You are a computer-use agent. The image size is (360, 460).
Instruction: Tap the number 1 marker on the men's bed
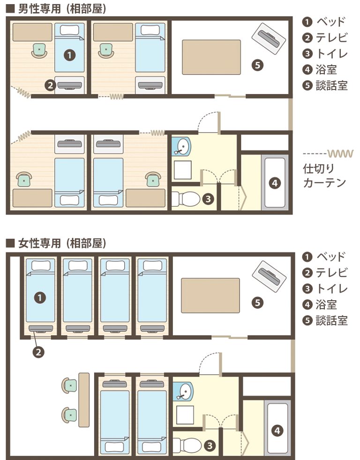coord(69,55)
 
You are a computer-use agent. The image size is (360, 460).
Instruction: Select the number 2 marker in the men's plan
coord(51,85)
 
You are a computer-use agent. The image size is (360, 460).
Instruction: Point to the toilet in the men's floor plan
coord(186,199)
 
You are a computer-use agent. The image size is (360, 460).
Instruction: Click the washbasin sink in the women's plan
coord(184,391)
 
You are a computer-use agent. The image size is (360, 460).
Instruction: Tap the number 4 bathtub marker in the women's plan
coord(277,430)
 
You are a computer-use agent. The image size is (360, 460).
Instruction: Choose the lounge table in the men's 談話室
coord(211,57)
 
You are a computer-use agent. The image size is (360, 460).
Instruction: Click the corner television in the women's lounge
coord(269,276)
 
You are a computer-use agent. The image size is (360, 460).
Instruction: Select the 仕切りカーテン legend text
coord(324,176)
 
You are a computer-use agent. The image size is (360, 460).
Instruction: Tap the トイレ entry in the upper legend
coord(331,54)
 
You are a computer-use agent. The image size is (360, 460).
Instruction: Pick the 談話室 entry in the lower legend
coord(331,320)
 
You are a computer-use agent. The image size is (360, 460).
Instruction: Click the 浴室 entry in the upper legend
coord(326,70)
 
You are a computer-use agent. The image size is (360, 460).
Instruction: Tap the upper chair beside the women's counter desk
coord(69,385)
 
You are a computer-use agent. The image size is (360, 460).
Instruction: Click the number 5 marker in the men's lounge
coord(257,65)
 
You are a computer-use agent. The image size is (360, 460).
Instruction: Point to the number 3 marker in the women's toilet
coord(210,446)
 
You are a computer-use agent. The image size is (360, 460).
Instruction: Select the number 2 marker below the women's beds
coord(38,352)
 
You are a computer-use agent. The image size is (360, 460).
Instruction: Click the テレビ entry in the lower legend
coord(331,273)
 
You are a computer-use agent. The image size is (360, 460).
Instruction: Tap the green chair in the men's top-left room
coord(39,51)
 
